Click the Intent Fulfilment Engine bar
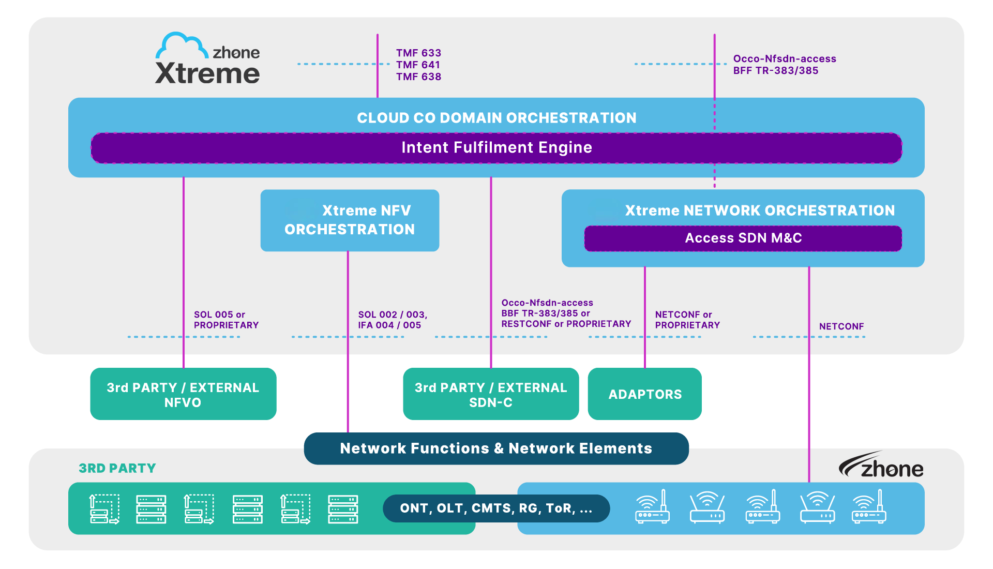tap(496, 148)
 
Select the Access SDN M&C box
tap(743, 238)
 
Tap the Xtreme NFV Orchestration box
tap(350, 220)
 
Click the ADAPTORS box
tap(644, 394)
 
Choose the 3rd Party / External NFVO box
tap(183, 395)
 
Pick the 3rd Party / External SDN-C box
tap(490, 395)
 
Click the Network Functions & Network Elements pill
tap(496, 448)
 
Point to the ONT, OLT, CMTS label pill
tap(496, 508)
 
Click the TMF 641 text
tap(418, 65)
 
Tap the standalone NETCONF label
tap(841, 326)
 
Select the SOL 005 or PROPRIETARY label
tap(226, 320)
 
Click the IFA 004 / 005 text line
tap(389, 325)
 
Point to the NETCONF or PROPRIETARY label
tap(687, 320)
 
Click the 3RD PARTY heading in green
tap(117, 468)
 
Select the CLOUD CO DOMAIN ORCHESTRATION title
tap(496, 118)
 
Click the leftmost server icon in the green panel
tap(104, 509)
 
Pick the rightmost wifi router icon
tap(869, 508)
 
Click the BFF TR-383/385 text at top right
tap(775, 71)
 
